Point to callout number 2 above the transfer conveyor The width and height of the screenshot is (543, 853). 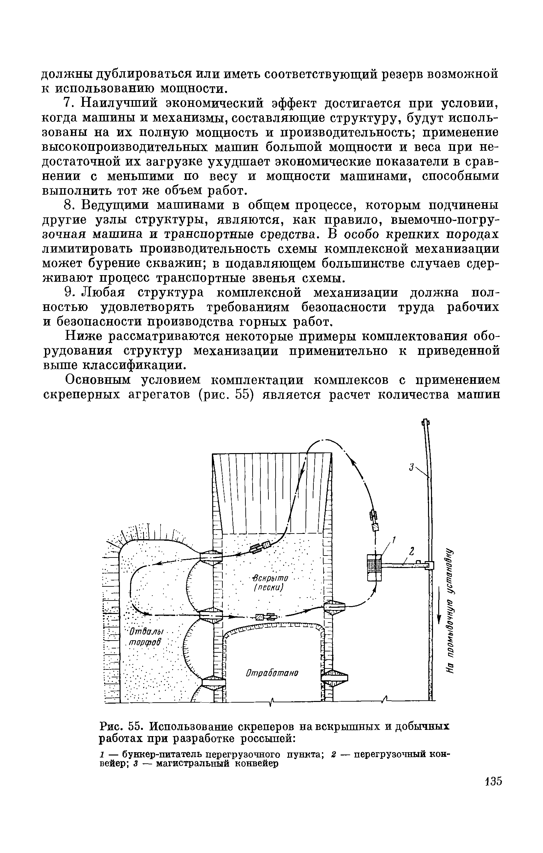tap(412, 551)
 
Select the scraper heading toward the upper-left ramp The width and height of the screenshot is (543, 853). tap(260, 547)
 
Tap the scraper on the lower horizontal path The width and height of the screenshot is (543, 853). tap(266, 617)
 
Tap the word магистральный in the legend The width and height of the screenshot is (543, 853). tap(192, 763)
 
